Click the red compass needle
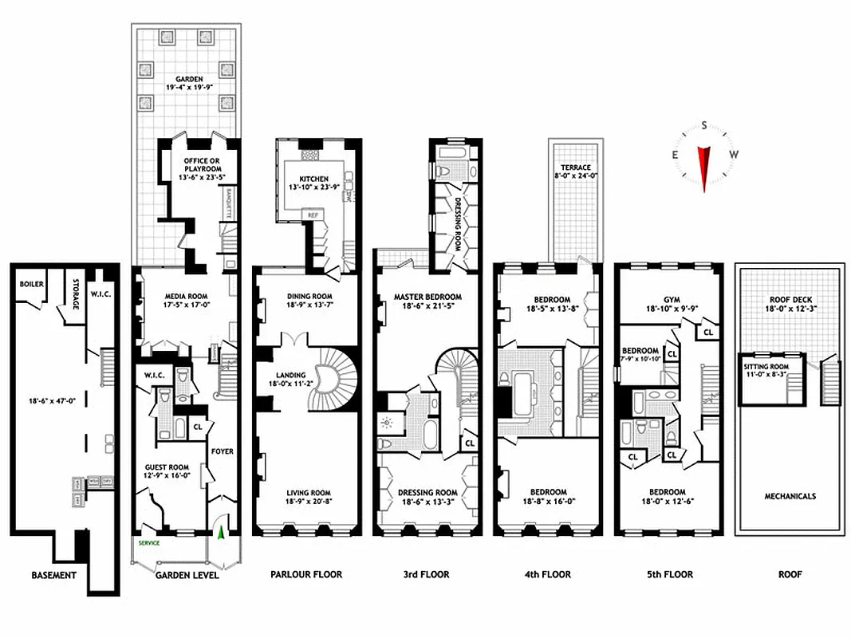704,166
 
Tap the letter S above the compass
704,125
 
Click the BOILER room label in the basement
32,284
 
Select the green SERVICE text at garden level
149,543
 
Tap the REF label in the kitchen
313,215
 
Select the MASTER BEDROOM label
427,297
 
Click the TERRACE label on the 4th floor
575,167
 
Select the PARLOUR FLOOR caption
306,574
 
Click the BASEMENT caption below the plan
53,575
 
